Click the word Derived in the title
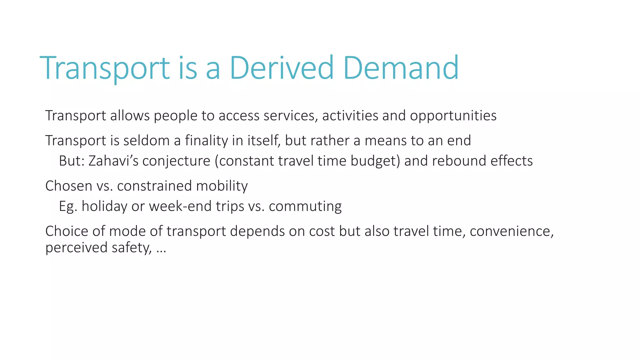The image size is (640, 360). pyautogui.click(x=282, y=68)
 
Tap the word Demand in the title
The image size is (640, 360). pyautogui.click(x=401, y=68)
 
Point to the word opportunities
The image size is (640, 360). pyautogui.click(x=453, y=116)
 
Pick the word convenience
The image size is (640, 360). pyautogui.click(x=512, y=232)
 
